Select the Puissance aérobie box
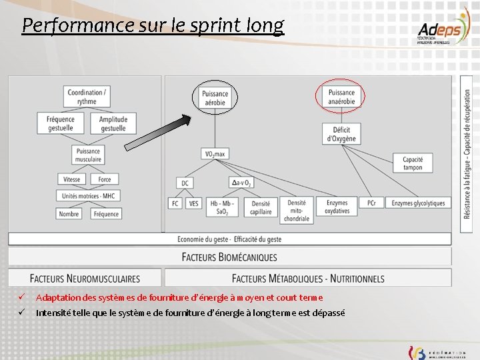[215, 98]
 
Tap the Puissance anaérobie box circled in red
[341, 97]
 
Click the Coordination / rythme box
[87, 97]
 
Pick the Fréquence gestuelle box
[61, 124]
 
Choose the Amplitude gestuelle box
[113, 124]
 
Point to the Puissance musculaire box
[88, 155]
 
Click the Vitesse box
[71, 179]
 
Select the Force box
[105, 179]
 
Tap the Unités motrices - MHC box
[88, 196]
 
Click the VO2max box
[215, 154]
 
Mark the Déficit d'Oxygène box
[341, 134]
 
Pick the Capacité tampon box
[413, 163]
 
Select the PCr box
[371, 203]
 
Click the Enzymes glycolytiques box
[417, 203]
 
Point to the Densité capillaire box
[261, 207]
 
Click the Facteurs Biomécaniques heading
[229, 257]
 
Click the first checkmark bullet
[22, 297]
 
